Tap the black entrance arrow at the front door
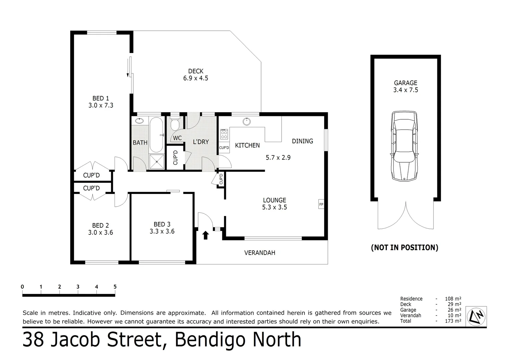(x=206, y=235)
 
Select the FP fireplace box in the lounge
(x=321, y=204)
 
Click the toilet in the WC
(x=175, y=124)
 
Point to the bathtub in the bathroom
(x=156, y=135)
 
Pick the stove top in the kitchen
(x=224, y=134)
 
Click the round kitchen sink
(x=247, y=122)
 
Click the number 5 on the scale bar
(x=115, y=287)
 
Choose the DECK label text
(x=196, y=71)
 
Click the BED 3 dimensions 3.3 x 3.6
(x=162, y=231)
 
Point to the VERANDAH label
(x=260, y=253)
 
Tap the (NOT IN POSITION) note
(x=404, y=247)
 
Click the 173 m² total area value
(x=453, y=321)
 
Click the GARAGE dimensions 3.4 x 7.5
(x=405, y=90)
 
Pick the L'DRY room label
(x=201, y=142)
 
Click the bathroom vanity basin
(x=139, y=121)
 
